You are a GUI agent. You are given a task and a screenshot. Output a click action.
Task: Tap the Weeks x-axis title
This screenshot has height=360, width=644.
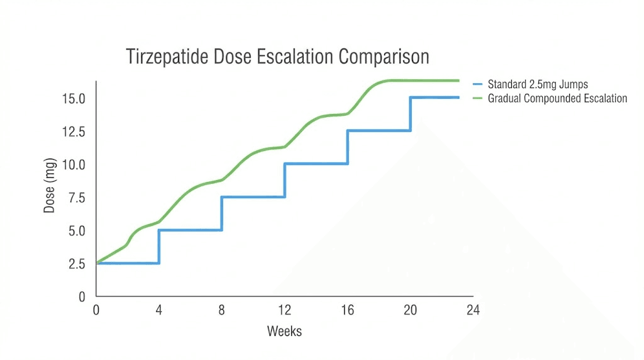284,331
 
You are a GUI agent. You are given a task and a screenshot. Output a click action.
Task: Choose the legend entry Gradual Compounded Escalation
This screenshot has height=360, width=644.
557,98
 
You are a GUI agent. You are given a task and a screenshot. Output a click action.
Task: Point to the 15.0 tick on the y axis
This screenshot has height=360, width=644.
74,99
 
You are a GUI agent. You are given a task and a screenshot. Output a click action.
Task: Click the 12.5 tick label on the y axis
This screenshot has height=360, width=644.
74,132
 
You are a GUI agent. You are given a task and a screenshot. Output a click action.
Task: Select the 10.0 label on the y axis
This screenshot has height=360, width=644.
74,164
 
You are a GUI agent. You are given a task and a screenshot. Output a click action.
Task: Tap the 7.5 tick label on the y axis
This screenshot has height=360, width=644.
77,198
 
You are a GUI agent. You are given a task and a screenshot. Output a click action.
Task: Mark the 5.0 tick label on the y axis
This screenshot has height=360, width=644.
77,230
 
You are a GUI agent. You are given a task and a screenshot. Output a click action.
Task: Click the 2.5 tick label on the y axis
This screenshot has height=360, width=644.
77,263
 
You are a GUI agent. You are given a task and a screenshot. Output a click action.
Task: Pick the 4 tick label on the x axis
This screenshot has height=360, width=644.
159,310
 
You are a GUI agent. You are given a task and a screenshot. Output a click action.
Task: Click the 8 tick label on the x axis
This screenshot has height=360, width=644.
222,310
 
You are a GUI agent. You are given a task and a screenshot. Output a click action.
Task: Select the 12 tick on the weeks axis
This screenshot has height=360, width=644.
285,310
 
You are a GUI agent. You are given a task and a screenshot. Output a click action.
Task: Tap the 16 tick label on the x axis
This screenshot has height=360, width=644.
348,310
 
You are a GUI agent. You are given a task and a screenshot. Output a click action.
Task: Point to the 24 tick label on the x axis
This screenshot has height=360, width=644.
473,310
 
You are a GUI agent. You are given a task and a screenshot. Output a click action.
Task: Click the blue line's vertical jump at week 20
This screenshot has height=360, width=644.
411,114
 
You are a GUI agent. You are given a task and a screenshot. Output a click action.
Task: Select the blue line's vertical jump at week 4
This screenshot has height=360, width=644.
159,246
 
